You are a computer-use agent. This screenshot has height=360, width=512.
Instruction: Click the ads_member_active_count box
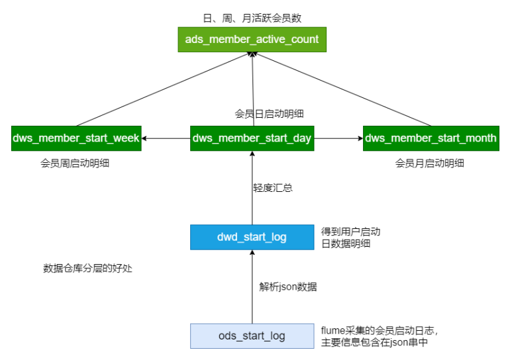[x=252, y=40]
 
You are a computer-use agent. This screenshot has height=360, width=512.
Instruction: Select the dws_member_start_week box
[x=76, y=138]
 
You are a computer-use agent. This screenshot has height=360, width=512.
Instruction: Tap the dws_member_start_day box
[x=252, y=138]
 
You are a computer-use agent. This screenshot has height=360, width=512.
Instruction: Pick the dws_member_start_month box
[x=431, y=138]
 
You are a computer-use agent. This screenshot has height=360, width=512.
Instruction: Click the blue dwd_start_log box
[x=252, y=237]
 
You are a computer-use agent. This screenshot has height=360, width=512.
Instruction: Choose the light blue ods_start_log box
[x=252, y=336]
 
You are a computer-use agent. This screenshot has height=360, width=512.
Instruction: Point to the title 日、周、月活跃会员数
[x=252, y=18]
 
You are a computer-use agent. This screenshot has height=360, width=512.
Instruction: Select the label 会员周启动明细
[x=75, y=163]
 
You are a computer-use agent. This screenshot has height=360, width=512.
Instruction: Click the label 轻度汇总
[x=272, y=188]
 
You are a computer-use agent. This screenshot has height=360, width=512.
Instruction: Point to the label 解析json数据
[x=288, y=287]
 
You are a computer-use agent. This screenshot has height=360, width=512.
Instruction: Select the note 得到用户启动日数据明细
[x=350, y=238]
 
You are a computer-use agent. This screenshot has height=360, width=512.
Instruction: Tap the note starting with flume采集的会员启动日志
[x=379, y=336]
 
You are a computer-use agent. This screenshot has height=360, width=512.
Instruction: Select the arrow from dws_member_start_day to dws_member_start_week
[x=166, y=138]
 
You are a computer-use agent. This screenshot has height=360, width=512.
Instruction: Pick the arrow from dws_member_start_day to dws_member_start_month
[x=338, y=138]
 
